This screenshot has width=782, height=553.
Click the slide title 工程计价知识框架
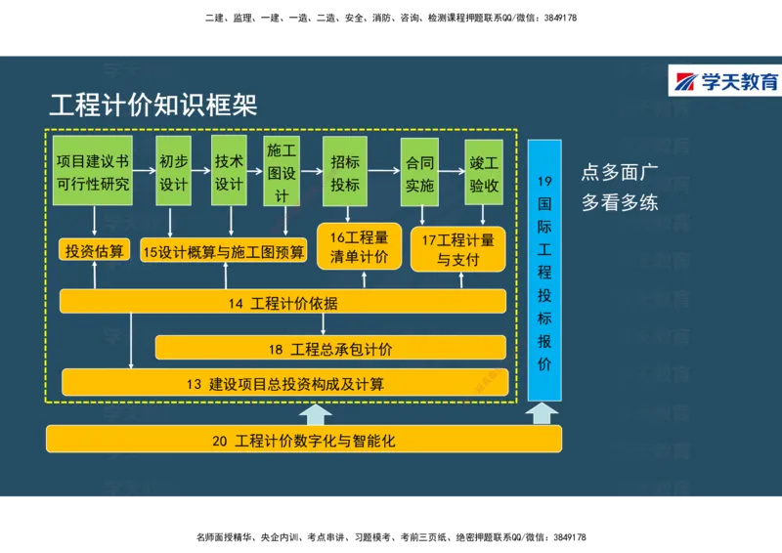(153, 106)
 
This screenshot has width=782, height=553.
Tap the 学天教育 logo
(724, 82)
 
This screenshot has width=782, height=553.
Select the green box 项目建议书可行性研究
(93, 171)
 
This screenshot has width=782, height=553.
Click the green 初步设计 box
(174, 171)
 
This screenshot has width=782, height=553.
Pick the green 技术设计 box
(229, 171)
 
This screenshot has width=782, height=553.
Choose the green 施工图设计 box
(282, 171)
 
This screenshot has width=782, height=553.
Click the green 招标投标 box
(345, 171)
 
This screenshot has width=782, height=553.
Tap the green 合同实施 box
(419, 171)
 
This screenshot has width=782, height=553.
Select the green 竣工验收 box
(484, 171)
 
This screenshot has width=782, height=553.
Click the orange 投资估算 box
(95, 251)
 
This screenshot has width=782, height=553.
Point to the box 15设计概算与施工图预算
(224, 251)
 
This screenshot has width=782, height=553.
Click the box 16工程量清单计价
(359, 247)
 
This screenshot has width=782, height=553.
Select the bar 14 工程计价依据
(282, 303)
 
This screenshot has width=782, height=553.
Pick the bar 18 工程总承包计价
(330, 348)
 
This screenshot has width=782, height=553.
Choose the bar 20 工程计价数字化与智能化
(303, 440)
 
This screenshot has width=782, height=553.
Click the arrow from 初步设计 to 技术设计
(202, 170)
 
